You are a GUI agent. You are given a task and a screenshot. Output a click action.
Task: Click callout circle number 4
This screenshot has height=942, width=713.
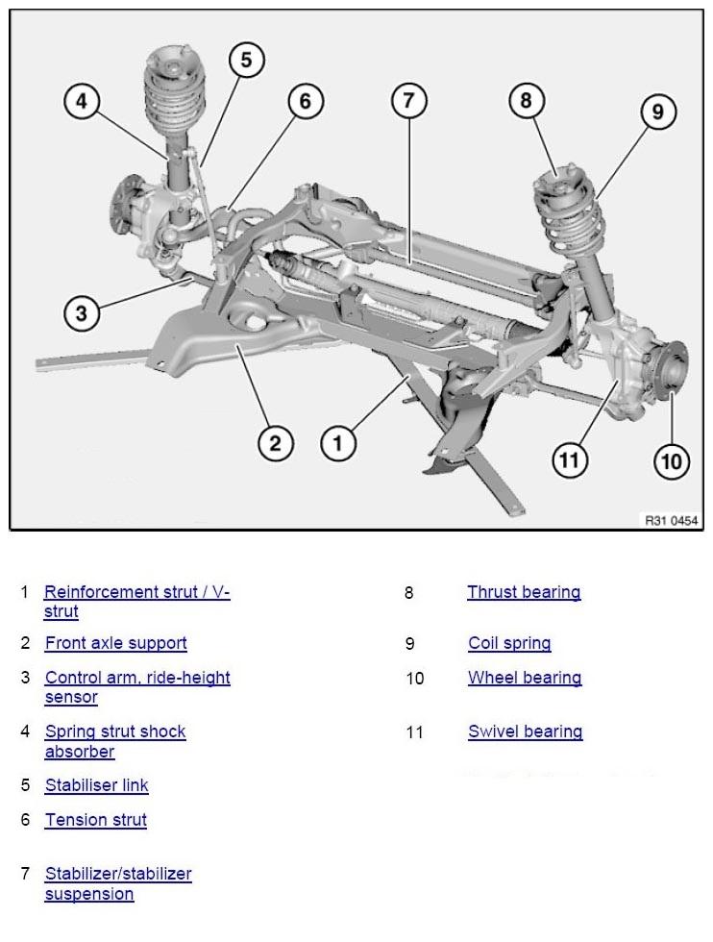(82, 101)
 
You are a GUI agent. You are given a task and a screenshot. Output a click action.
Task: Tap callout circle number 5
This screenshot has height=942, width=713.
(246, 60)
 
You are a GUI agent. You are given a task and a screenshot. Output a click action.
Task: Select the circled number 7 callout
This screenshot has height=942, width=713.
(409, 100)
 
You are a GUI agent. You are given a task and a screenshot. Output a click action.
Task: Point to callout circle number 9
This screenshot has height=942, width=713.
(657, 112)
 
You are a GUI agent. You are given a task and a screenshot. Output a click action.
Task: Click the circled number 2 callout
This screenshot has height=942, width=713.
(275, 443)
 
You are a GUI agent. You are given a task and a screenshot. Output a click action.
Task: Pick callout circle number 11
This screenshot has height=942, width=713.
(570, 460)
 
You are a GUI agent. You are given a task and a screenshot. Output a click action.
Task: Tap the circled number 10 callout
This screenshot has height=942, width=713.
(672, 461)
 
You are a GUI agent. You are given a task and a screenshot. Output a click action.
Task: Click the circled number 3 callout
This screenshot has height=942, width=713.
(82, 313)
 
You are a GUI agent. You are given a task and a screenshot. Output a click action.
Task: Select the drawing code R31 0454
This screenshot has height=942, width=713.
(672, 520)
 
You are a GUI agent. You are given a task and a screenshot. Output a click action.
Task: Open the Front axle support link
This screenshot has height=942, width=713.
(116, 643)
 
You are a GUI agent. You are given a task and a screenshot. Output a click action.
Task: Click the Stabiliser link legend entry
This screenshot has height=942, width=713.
(97, 785)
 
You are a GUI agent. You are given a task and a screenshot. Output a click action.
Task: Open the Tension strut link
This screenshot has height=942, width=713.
(96, 820)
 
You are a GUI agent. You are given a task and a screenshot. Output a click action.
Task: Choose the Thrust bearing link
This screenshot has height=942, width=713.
(525, 592)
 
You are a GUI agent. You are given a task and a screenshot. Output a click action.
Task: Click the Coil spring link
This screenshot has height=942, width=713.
(510, 643)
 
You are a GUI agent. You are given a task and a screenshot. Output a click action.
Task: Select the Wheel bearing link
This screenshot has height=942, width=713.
(525, 679)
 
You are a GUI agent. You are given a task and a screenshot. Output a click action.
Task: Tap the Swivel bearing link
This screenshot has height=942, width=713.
(526, 731)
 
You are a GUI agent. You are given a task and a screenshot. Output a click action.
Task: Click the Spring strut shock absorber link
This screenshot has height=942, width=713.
(115, 742)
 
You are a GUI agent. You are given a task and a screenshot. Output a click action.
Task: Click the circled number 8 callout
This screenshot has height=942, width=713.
(527, 100)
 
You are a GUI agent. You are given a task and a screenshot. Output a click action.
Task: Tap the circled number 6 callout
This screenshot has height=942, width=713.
(306, 101)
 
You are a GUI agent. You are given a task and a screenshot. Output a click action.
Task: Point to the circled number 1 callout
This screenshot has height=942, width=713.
(338, 444)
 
